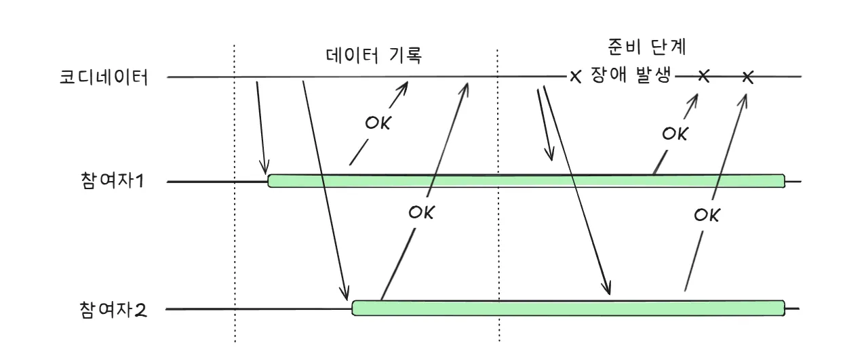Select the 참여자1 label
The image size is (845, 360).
[x=112, y=182]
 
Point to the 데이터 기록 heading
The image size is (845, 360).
[x=374, y=56]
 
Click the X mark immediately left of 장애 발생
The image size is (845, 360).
[x=576, y=77]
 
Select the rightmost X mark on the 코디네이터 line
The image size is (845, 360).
[x=747, y=77]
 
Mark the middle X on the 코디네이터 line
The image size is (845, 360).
[x=703, y=76]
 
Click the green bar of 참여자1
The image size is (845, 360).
[x=526, y=181]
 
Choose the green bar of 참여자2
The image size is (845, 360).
[x=568, y=307]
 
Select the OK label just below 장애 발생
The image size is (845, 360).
[x=675, y=134]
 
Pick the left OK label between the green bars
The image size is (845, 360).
[x=420, y=212]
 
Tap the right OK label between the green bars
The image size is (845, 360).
[x=707, y=216]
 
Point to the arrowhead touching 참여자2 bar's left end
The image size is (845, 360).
[x=346, y=293]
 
